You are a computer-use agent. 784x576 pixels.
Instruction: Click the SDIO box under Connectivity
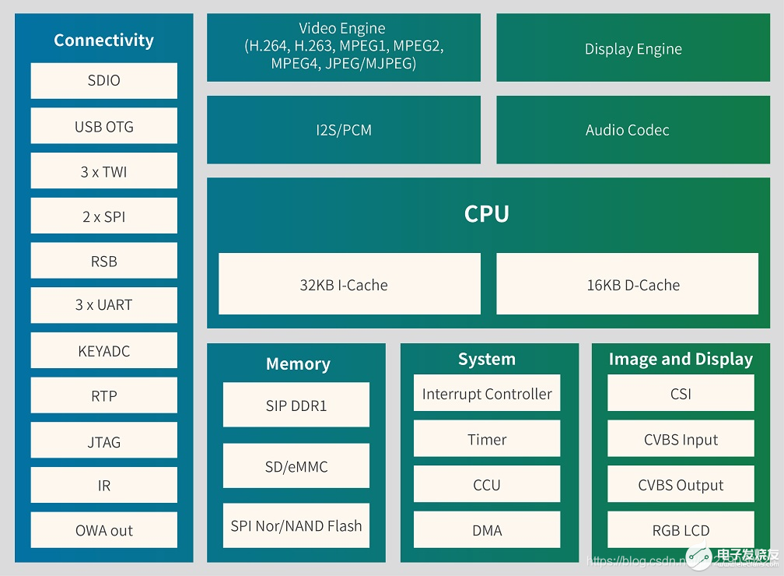(x=103, y=80)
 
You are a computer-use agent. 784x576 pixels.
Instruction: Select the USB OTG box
(x=103, y=126)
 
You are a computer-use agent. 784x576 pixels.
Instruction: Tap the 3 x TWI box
(x=103, y=171)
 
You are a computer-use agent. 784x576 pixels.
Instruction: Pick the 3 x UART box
(x=103, y=304)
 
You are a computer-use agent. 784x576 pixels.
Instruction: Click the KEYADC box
(x=103, y=351)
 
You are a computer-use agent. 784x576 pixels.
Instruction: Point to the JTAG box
(x=103, y=441)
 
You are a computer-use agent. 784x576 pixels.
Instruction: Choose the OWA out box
(x=103, y=530)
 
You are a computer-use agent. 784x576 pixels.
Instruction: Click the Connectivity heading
(x=103, y=40)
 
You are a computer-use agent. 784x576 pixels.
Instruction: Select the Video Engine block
(x=343, y=47)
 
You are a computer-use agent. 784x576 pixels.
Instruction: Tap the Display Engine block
(x=632, y=48)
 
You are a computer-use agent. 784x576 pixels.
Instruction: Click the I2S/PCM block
(x=343, y=130)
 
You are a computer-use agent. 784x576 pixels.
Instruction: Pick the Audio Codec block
(x=627, y=130)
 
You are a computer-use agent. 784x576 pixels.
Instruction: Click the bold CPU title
(x=486, y=213)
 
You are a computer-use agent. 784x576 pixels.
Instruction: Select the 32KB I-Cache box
(x=349, y=284)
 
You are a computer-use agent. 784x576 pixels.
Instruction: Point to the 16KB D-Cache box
(x=627, y=284)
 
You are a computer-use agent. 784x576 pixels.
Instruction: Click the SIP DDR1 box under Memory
(x=296, y=406)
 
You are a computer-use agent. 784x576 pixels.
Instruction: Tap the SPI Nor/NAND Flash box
(x=296, y=525)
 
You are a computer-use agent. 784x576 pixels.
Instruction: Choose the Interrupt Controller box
(x=487, y=394)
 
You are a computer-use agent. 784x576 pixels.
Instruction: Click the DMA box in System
(x=487, y=530)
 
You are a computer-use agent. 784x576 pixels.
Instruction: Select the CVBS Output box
(x=681, y=484)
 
